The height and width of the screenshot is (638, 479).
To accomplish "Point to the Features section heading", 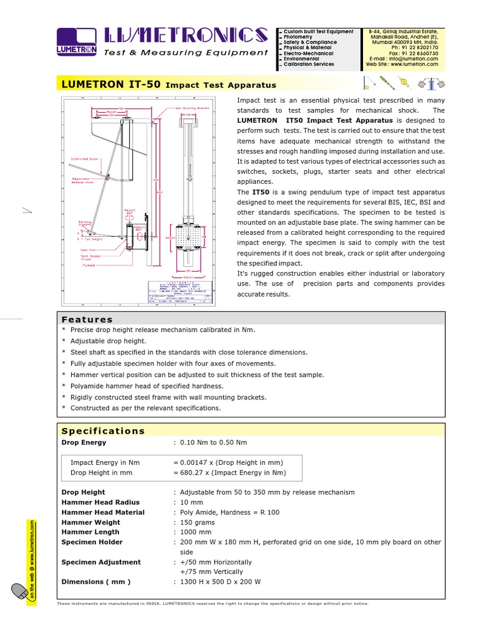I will pos(87,319).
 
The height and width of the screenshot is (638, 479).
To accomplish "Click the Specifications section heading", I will pos(103,431).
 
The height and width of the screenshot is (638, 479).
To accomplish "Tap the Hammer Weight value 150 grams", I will pos(197,522).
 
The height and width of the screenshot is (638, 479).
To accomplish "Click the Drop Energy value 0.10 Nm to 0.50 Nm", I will pos(213,442).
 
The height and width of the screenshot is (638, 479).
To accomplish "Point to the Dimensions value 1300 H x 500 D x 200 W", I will pos(220,581).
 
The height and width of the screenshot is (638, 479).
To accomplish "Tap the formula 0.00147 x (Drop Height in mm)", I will pos(231,462).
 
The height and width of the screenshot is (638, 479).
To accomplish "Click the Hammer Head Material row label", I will pos(103,512).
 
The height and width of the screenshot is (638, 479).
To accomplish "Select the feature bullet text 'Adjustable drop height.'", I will pos(109,341).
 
